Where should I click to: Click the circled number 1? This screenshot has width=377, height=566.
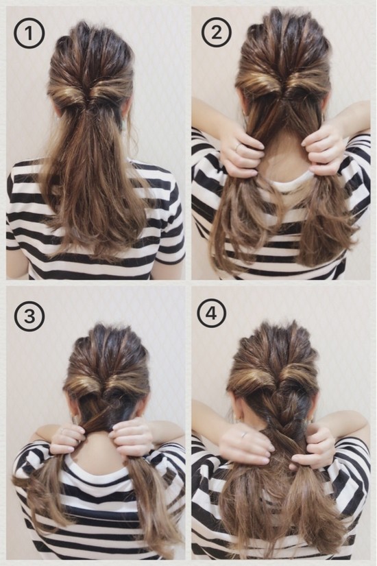pyautogui.click(x=29, y=34)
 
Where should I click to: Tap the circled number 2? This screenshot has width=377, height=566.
pyautogui.click(x=217, y=33)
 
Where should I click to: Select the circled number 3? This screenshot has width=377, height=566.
pyautogui.click(x=29, y=316)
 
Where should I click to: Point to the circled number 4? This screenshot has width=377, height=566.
pyautogui.click(x=212, y=313)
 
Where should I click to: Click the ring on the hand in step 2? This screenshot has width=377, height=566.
pyautogui.click(x=237, y=147)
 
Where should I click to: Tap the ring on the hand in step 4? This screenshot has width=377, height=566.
pyautogui.click(x=244, y=434)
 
